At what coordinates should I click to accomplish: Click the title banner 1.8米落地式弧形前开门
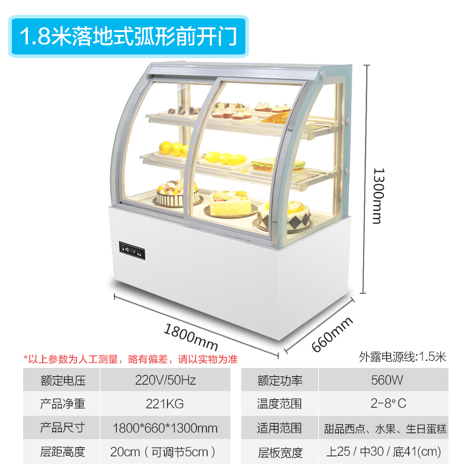[x=129, y=36]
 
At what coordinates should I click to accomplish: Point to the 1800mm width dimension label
[x=191, y=336]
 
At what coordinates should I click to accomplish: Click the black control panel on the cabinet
[x=132, y=251]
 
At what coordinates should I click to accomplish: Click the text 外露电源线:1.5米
[x=402, y=357]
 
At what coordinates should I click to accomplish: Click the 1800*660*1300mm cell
[x=164, y=428]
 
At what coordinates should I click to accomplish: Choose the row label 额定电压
[x=62, y=380]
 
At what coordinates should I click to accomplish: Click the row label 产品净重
[x=62, y=404]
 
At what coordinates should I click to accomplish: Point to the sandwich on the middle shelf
[x=270, y=163]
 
